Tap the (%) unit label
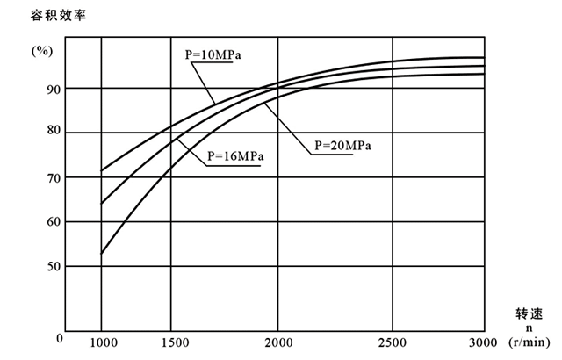[41, 50]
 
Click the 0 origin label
[59, 337]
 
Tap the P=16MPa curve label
[236, 157]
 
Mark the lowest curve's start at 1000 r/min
[102, 254]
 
